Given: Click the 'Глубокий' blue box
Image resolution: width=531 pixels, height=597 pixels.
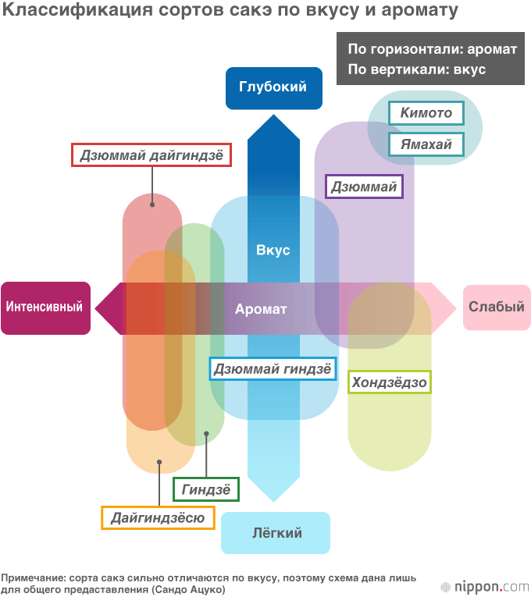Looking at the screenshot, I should (x=273, y=87).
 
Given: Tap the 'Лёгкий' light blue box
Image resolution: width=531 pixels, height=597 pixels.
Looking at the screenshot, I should (x=276, y=533).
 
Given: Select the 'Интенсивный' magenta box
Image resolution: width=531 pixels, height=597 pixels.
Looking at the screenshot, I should (x=45, y=307).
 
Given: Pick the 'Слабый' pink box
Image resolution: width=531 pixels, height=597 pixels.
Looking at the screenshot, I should (x=496, y=307).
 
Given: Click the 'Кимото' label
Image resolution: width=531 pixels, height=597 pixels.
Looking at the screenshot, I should (x=426, y=113).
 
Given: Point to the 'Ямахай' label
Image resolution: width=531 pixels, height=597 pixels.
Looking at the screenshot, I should (x=426, y=144).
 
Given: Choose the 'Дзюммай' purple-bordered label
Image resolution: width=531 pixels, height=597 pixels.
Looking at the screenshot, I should (x=364, y=187).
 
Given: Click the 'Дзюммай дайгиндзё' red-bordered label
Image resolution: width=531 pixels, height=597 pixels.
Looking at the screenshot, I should (x=152, y=155).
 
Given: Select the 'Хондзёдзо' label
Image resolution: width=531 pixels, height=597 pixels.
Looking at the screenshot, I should (x=389, y=382).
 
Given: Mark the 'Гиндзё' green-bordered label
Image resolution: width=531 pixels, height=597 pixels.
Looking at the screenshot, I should (x=206, y=490).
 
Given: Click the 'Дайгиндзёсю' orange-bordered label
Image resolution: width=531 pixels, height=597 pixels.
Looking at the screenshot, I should (x=158, y=517).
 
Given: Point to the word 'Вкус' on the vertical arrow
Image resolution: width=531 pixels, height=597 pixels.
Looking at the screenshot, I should (x=273, y=251).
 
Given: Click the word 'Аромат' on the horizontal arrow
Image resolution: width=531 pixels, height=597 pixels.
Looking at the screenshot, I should (x=261, y=309).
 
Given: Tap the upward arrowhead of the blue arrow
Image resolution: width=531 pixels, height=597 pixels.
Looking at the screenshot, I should (x=273, y=128).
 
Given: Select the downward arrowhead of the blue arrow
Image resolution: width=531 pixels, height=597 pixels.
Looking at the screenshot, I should (x=273, y=489).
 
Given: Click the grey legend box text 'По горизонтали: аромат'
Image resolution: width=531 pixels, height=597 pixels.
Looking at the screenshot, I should (x=432, y=49).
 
